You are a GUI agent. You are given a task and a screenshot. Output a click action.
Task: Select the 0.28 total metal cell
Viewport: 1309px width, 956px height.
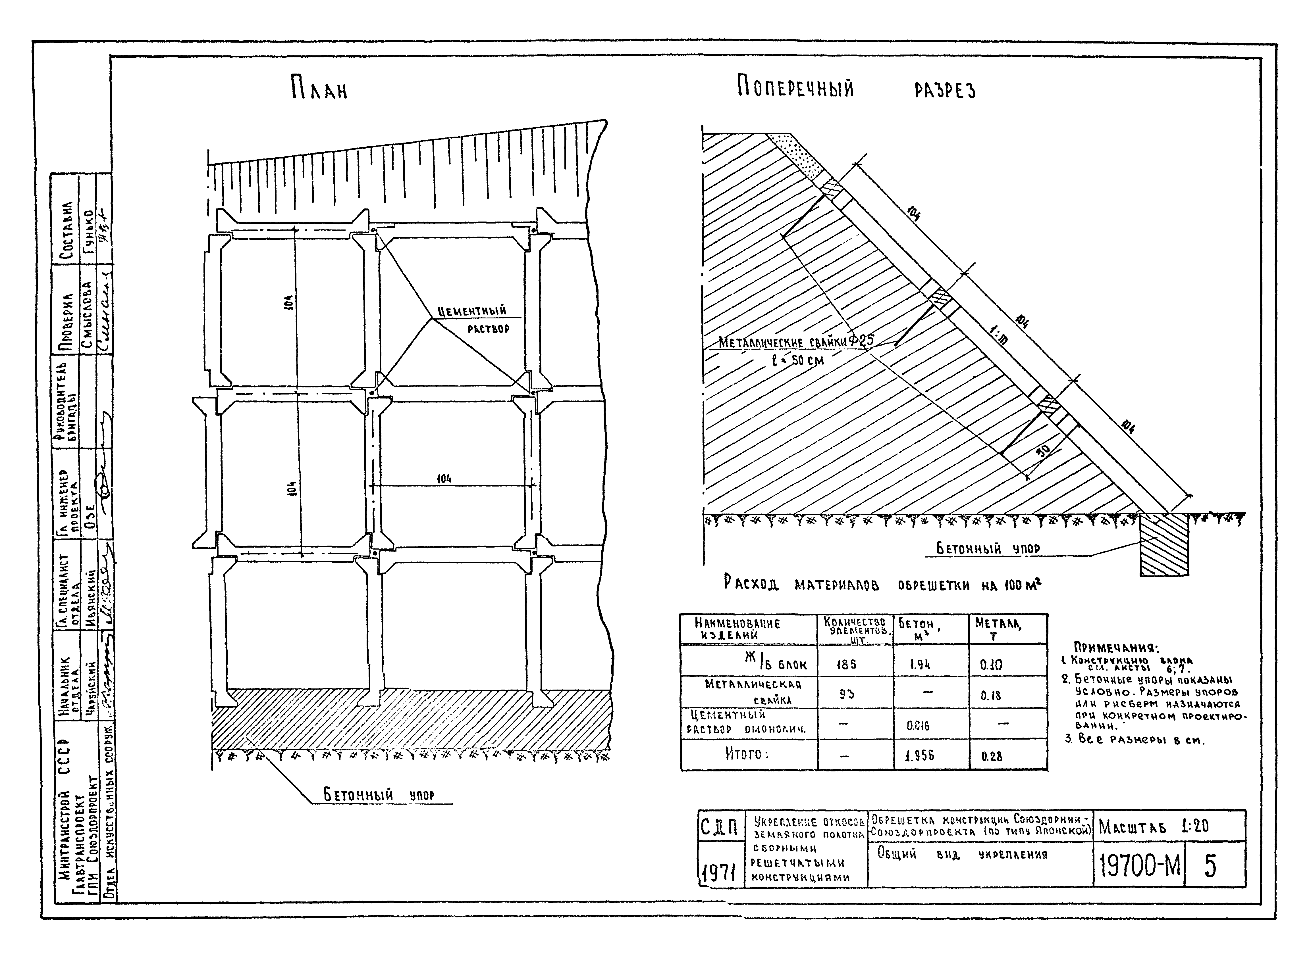(992, 756)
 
